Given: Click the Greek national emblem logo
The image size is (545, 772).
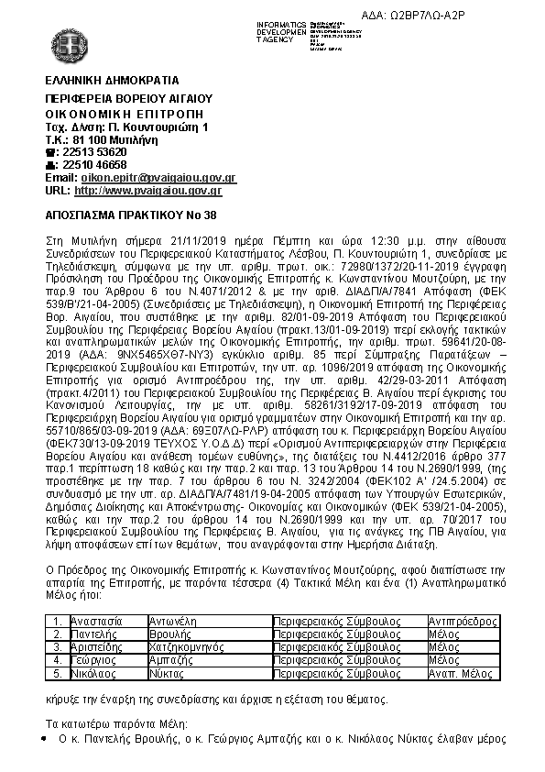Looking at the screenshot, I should [x=70, y=39].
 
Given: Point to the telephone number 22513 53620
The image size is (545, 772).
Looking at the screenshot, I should [x=92, y=151].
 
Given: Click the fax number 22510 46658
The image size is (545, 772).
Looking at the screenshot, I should [x=92, y=164].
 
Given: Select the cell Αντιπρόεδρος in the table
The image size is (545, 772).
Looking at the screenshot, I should [x=457, y=621].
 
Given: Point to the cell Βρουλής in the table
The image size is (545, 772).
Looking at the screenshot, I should [x=169, y=634].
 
